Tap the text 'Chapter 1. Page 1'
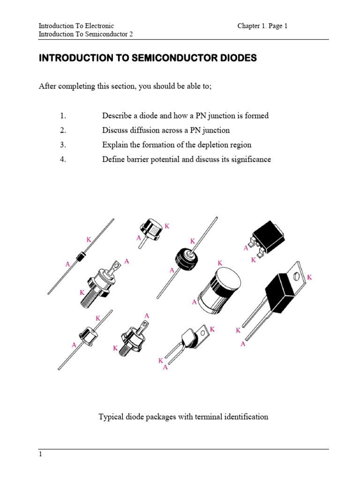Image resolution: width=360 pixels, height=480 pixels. coord(262,26)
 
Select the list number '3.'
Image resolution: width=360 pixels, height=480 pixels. coord(63,145)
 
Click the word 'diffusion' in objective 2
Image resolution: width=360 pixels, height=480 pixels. coord(142,130)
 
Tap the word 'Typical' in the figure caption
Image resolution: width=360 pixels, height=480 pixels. coord(111,417)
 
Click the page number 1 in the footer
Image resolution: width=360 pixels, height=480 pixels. coord(40,454)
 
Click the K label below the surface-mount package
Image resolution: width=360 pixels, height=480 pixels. coord(254,260)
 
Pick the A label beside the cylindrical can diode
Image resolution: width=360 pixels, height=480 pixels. coord(194,303)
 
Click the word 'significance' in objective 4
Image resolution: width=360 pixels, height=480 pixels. coord(251,159)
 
